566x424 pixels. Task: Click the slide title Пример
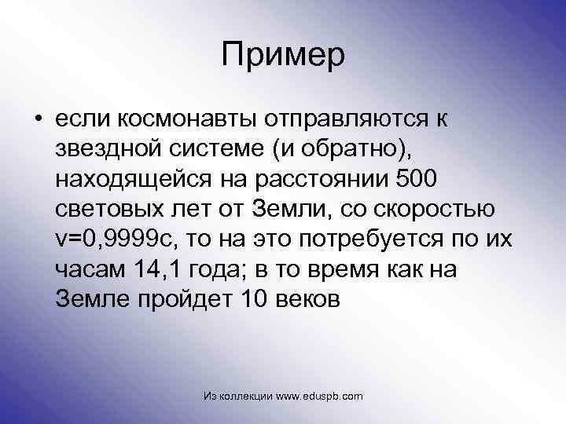(x=283, y=54)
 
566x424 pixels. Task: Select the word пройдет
(x=178, y=299)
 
